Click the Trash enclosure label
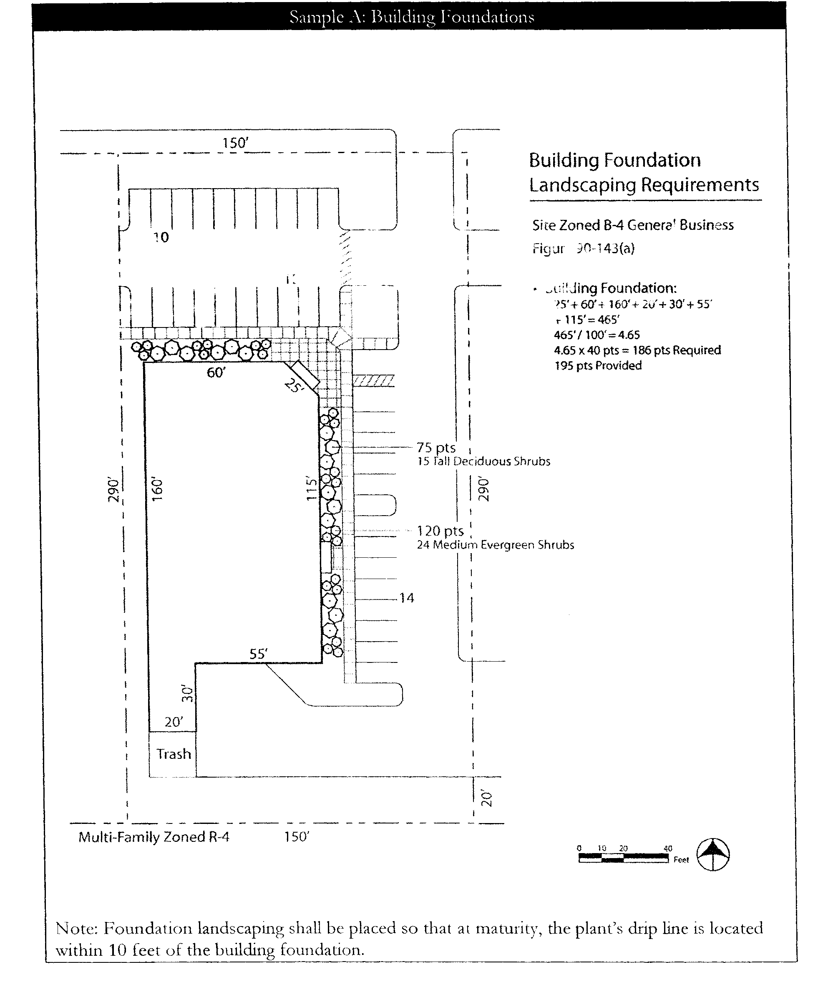click(174, 754)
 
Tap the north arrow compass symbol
click(713, 854)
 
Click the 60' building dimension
click(216, 373)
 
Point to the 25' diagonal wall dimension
click(294, 386)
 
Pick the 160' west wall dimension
click(157, 489)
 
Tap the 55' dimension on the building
click(259, 654)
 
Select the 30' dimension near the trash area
click(187, 693)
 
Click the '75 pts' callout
click(436, 448)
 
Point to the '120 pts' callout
click(440, 531)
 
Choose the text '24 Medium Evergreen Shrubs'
click(495, 545)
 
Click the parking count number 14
click(406, 598)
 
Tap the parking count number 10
click(161, 237)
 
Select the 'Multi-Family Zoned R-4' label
click(154, 836)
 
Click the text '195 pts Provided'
click(598, 366)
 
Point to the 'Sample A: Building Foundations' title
click(411, 17)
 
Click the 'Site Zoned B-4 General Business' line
click(633, 225)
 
